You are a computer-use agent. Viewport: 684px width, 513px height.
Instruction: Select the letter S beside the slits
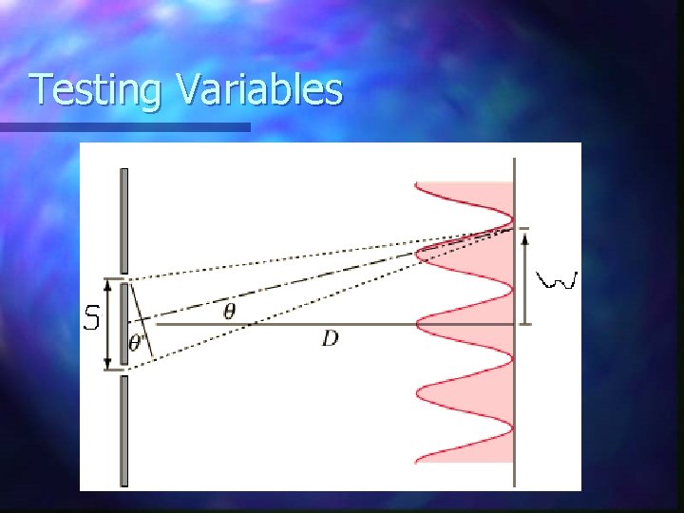(x=91, y=318)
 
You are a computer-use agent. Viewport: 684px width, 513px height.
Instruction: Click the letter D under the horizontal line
(x=330, y=338)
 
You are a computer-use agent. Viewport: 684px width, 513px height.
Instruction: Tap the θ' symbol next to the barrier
(x=138, y=343)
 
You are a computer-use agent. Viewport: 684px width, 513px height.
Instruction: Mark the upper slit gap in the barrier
(x=123, y=275)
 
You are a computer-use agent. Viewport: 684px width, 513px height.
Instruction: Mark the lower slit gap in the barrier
(x=123, y=371)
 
